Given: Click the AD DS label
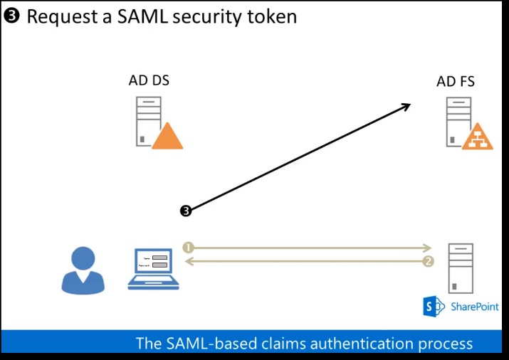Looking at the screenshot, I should (x=149, y=80).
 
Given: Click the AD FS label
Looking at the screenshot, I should (x=456, y=82).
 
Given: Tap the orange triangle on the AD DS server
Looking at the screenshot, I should (x=167, y=137).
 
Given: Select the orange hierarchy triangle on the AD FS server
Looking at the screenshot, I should (x=477, y=137).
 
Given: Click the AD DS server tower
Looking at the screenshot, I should (x=147, y=121).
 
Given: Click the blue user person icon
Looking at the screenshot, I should (x=83, y=270).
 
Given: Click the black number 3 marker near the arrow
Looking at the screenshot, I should (x=186, y=211).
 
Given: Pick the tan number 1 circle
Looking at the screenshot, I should (x=188, y=248).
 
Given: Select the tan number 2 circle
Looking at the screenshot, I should (x=428, y=262).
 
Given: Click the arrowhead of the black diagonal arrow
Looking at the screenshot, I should (x=406, y=106).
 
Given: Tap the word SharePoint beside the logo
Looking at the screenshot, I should (x=474, y=307).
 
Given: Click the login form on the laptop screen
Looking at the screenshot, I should (x=155, y=261).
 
